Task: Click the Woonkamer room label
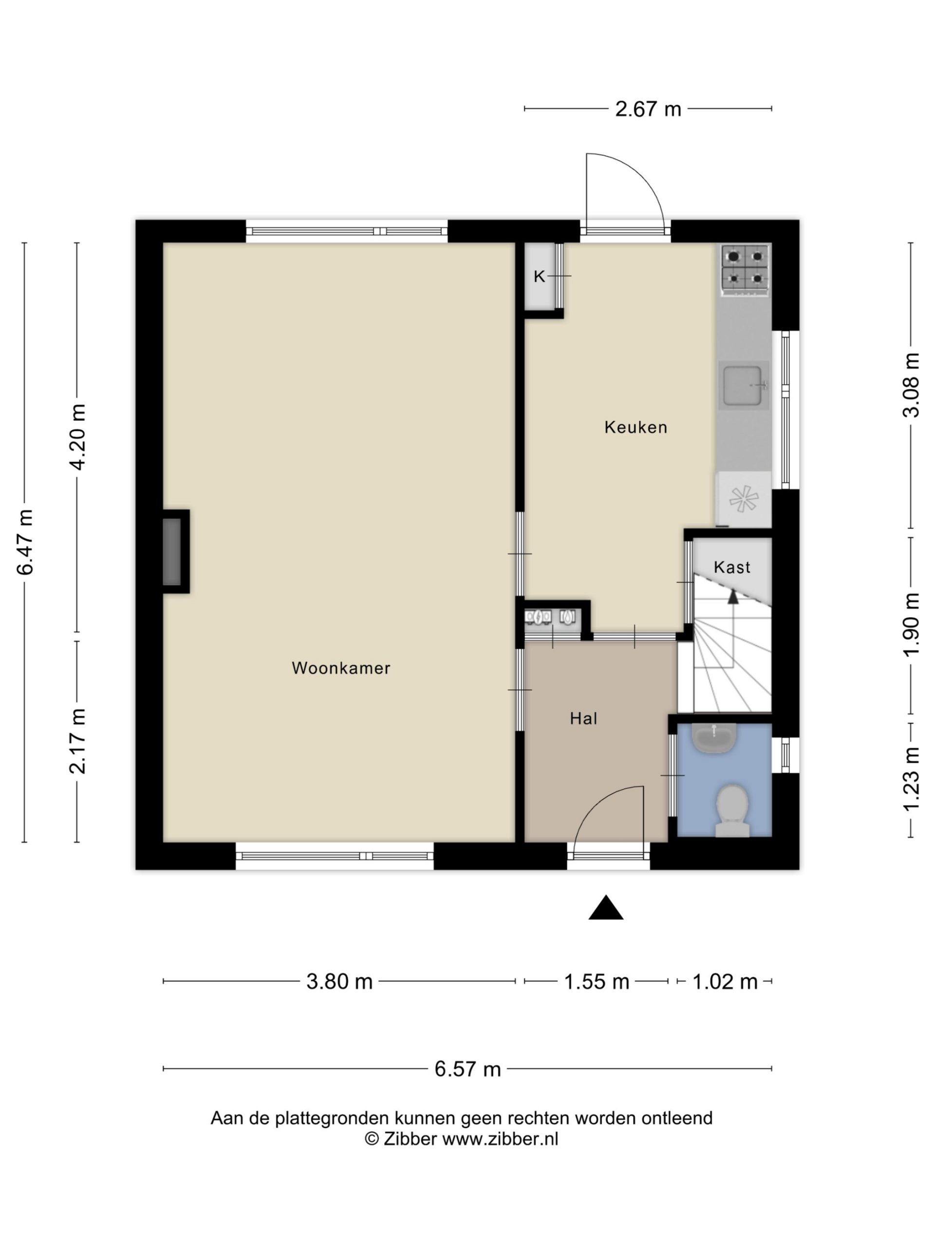(x=340, y=668)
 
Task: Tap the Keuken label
(x=636, y=427)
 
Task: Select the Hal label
(x=583, y=718)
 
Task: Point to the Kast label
(x=732, y=567)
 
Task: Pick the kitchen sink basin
(x=743, y=386)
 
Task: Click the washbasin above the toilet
(x=714, y=738)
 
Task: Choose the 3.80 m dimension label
(x=339, y=982)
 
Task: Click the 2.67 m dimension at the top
(x=648, y=109)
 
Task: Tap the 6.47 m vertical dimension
(x=25, y=542)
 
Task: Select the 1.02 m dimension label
(x=725, y=982)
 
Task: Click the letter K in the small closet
(x=540, y=276)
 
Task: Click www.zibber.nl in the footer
(x=500, y=1138)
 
